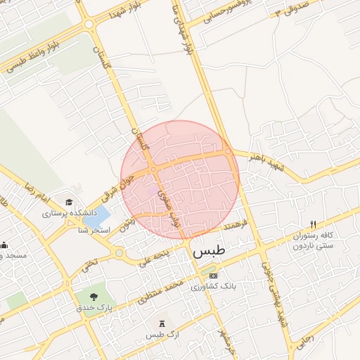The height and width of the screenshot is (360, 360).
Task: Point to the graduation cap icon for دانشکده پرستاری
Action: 69,202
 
